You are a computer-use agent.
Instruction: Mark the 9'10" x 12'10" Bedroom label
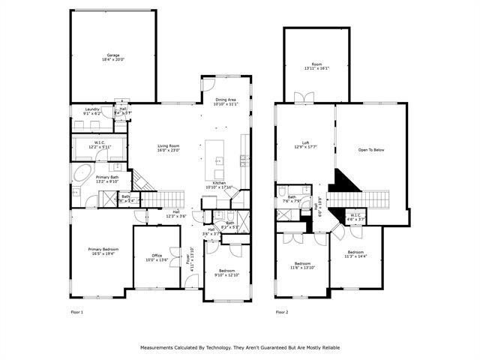click(226, 272)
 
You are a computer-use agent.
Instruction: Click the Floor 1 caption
click(76, 311)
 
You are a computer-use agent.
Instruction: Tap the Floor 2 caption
click(282, 311)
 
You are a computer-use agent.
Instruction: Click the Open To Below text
click(370, 150)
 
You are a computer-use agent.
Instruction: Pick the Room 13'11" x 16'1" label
click(317, 66)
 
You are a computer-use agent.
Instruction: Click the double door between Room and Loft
click(304, 98)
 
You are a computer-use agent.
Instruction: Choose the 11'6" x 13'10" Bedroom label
click(302, 265)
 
